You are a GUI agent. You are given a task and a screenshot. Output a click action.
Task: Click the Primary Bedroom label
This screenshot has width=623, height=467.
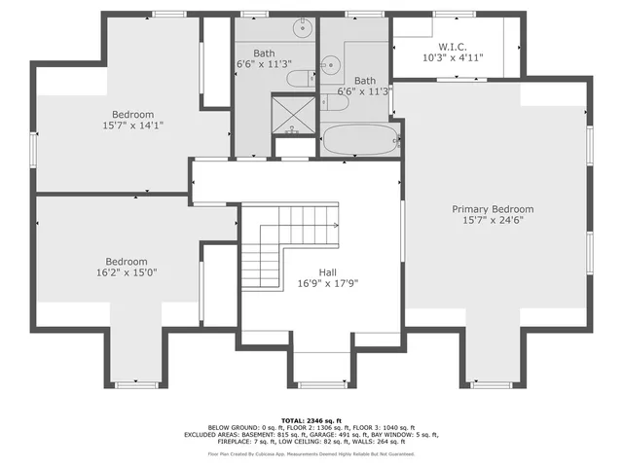(x=492, y=209)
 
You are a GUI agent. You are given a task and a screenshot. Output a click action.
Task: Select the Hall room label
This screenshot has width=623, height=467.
(x=328, y=272)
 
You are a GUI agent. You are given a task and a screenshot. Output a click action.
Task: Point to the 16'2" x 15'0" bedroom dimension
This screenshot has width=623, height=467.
(x=127, y=273)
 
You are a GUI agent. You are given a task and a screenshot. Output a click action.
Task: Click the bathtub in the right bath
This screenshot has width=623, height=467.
(x=359, y=140)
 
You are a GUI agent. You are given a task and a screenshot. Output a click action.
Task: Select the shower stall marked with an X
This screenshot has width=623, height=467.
(x=293, y=114)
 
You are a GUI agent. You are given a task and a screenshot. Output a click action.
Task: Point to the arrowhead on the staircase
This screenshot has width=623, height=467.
(x=335, y=225)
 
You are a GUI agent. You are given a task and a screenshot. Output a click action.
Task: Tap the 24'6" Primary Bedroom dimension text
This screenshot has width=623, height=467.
(x=492, y=222)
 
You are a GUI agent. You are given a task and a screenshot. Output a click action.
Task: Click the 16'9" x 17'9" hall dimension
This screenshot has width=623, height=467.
(x=328, y=285)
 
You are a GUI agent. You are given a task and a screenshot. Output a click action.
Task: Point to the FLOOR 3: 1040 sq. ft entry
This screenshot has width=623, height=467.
(x=383, y=427)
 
